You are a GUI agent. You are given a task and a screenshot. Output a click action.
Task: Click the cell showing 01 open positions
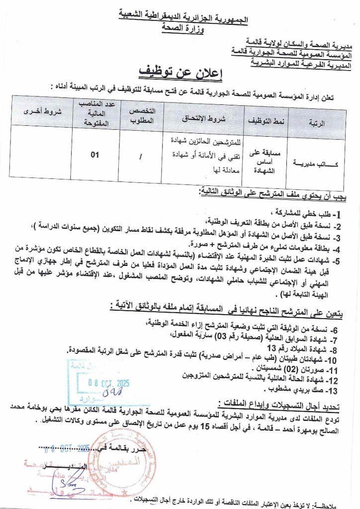pyautogui.click(x=95, y=155)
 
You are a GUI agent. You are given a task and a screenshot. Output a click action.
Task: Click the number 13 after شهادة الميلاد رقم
pyautogui.click(x=270, y=348)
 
